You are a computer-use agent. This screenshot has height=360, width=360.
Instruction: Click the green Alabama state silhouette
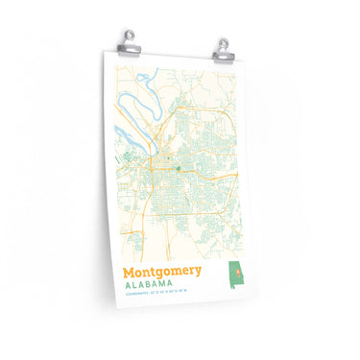pyautogui.click(x=234, y=276)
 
